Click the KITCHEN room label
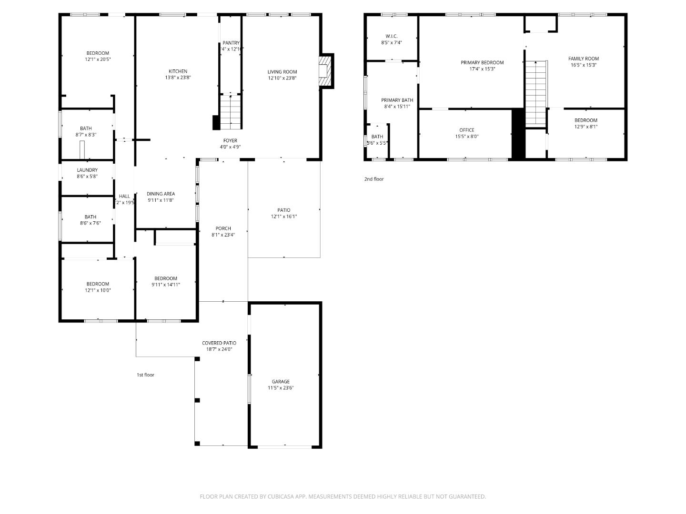[x=178, y=71]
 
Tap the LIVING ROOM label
[x=282, y=72]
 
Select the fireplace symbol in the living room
[x=325, y=71]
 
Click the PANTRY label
[x=231, y=43]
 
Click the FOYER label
[x=230, y=140]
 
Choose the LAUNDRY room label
[x=87, y=170]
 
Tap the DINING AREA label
[x=161, y=194]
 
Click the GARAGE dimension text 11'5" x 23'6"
[x=281, y=388]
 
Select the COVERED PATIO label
[x=219, y=343]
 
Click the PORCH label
[x=223, y=228]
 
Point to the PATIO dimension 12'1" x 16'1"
[x=284, y=217]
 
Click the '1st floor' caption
[x=145, y=375]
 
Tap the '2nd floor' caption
[x=374, y=179]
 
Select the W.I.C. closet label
[x=392, y=36]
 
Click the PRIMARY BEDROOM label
[x=482, y=62]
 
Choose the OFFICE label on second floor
[x=467, y=130]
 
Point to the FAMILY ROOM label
[x=584, y=59]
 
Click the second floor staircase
[x=536, y=93]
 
